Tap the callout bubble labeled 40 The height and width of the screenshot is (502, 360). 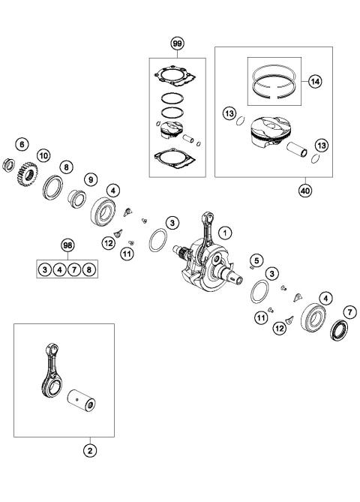click(x=304, y=190)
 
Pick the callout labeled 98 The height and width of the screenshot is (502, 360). click(x=68, y=246)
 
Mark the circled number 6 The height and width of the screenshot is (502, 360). click(x=22, y=143)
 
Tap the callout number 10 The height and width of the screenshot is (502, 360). click(x=43, y=155)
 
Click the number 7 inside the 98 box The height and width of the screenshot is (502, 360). click(x=75, y=269)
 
